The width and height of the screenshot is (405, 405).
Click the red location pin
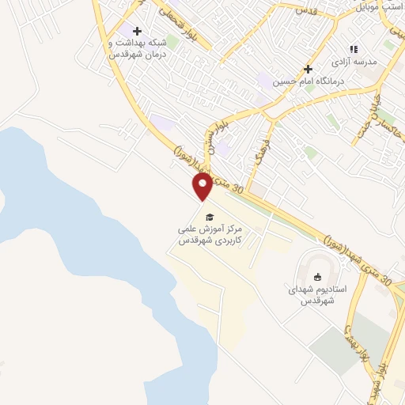[x=202, y=187]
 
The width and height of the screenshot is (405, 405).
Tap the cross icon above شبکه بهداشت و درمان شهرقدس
[x=138, y=30]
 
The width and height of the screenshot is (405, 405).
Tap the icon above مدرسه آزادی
[x=354, y=49]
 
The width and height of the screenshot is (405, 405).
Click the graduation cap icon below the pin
[x=209, y=217]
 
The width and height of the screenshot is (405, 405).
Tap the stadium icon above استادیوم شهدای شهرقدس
[x=317, y=277]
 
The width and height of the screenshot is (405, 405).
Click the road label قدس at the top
[x=305, y=11]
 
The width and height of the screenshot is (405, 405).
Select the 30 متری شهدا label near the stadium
[x=360, y=257]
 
